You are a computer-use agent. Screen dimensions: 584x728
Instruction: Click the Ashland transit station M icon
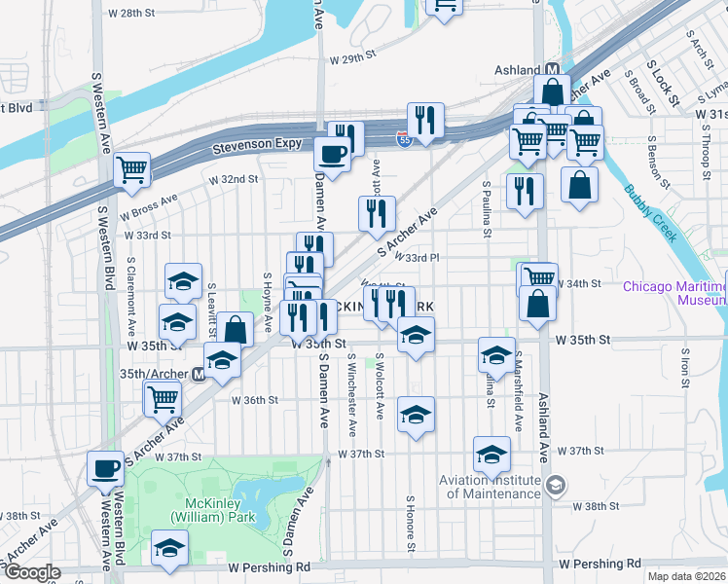click(x=551, y=70)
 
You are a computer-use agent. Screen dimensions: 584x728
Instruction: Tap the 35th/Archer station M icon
click(x=199, y=373)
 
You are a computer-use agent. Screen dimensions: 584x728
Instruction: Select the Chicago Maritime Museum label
click(x=673, y=292)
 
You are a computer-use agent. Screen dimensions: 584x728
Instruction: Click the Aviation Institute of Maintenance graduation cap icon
click(x=555, y=486)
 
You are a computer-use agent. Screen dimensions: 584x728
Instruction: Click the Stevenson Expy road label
click(x=254, y=150)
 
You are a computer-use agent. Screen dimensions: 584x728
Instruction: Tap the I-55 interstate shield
click(x=404, y=140)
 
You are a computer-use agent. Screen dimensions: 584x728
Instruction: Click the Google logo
click(x=31, y=572)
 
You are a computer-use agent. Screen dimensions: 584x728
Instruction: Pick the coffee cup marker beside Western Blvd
click(x=106, y=469)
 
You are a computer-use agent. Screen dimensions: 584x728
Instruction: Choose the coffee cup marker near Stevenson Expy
click(x=333, y=154)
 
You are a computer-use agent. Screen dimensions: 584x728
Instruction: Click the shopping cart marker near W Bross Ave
click(x=131, y=170)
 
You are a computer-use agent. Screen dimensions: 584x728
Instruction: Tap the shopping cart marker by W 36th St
click(x=163, y=397)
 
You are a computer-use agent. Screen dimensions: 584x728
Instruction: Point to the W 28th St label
click(x=131, y=14)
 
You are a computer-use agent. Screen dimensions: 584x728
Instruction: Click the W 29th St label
click(x=352, y=59)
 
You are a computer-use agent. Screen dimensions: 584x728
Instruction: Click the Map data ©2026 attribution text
click(x=687, y=576)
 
